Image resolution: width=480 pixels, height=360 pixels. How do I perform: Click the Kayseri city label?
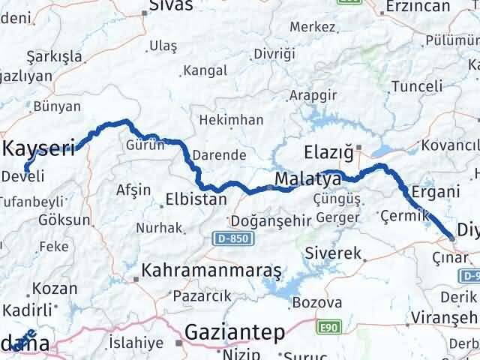pos(40,148)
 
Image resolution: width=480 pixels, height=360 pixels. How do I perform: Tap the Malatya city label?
pos(303,180)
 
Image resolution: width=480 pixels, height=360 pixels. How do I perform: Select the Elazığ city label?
pos(328,153)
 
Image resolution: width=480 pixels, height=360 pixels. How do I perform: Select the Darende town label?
pos(219,155)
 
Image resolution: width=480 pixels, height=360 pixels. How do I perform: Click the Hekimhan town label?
pos(230,120)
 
